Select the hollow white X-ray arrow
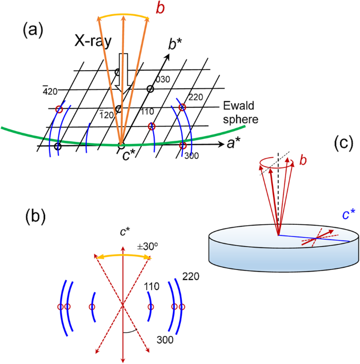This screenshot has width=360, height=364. click(x=122, y=72)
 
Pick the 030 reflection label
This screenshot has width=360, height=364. click(x=162, y=79)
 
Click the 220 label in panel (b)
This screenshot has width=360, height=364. click(x=190, y=277)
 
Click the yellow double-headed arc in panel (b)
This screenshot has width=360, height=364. click(x=123, y=256)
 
